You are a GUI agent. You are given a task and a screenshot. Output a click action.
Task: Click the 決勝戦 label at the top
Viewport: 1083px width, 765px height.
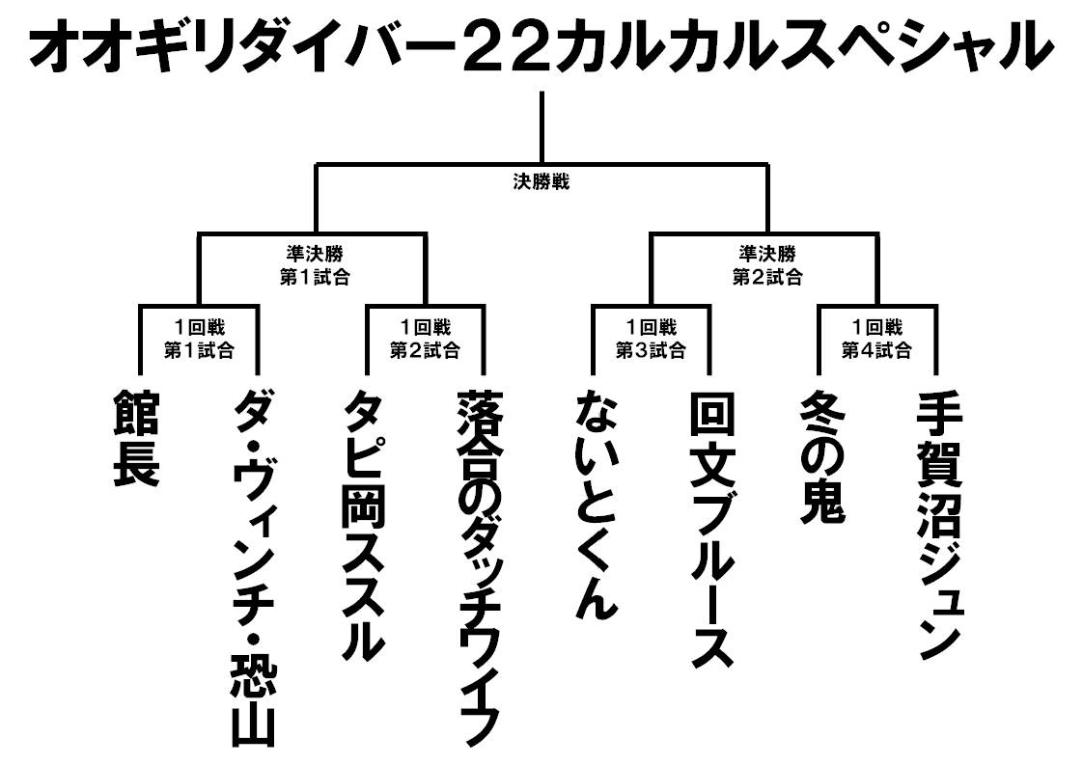(x=541, y=180)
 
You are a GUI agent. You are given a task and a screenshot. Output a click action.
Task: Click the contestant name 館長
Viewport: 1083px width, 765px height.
(x=136, y=439)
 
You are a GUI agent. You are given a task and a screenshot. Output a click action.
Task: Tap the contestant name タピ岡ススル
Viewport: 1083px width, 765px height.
(x=367, y=526)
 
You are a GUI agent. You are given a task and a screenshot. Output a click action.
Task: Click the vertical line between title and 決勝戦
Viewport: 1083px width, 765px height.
(x=541, y=125)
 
